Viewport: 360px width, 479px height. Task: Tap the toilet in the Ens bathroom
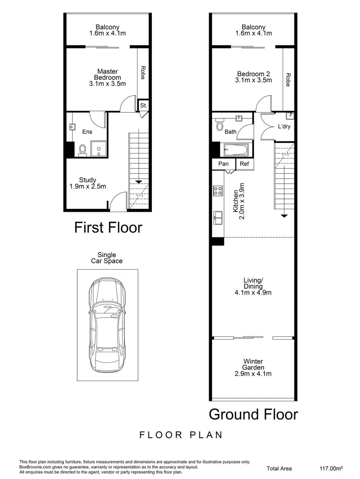click(83, 151)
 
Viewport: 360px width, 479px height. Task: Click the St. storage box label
click(143, 106)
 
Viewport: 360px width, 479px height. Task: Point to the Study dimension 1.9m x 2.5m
click(88, 186)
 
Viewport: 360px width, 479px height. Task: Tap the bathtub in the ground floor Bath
click(236, 150)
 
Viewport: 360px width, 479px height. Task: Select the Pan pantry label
click(224, 164)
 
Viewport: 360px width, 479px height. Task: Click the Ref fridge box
click(244, 164)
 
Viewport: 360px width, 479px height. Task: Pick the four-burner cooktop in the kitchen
click(218, 191)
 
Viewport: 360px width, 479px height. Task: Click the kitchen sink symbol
click(218, 216)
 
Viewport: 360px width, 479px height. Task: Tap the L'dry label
click(284, 127)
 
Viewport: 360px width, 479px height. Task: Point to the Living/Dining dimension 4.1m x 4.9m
click(253, 292)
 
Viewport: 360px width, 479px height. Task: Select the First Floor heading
click(108, 228)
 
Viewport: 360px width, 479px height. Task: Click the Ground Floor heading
click(253, 414)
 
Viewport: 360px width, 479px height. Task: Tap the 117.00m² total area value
click(332, 468)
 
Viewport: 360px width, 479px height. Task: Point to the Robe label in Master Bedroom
click(143, 72)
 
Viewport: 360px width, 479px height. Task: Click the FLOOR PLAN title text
click(181, 435)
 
